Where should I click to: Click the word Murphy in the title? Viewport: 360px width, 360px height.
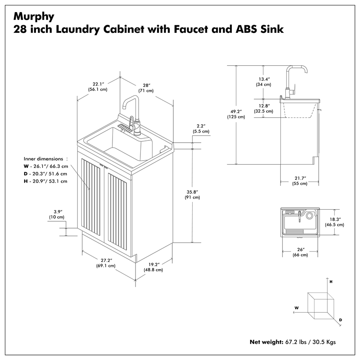(x=34, y=16)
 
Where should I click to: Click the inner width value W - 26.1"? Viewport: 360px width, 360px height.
(x=45, y=166)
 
